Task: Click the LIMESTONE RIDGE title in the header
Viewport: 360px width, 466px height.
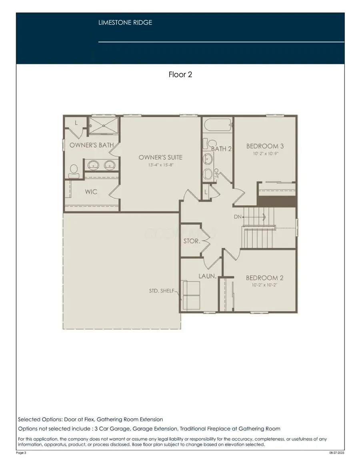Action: click(125, 23)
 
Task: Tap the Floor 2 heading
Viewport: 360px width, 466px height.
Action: click(180, 74)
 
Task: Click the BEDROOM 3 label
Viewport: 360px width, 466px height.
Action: click(265, 146)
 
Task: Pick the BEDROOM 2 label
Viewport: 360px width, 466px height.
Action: click(264, 278)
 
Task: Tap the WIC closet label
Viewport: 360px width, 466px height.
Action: click(91, 192)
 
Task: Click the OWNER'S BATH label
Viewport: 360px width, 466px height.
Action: click(92, 145)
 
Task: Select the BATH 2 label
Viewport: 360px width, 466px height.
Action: click(222, 149)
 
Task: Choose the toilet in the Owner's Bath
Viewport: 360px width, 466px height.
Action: click(74, 171)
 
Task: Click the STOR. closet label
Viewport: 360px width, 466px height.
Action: click(191, 241)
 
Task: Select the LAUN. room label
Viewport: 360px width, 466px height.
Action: click(208, 276)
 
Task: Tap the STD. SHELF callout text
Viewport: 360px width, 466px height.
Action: click(161, 291)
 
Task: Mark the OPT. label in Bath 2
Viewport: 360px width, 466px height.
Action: click(216, 173)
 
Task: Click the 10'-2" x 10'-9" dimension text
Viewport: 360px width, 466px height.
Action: click(265, 154)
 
